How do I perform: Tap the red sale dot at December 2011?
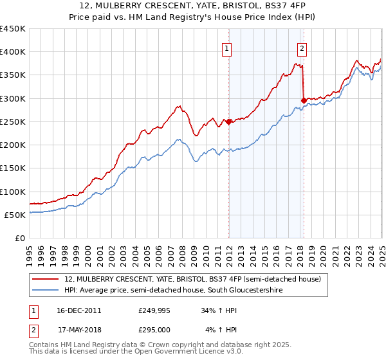click(x=228, y=121)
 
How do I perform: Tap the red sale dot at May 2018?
click(x=304, y=100)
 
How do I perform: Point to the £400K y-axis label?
click(x=13, y=52)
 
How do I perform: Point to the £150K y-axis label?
click(x=13, y=168)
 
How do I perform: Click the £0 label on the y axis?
click(x=20, y=239)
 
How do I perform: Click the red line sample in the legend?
click(x=46, y=279)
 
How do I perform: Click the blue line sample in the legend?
click(x=46, y=291)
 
